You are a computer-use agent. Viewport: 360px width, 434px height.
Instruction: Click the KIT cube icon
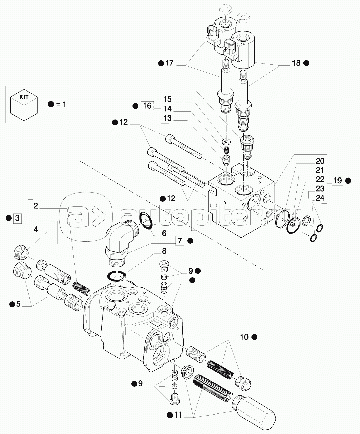click(x=24, y=105)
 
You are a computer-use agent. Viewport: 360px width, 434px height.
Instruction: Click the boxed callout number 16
click(x=147, y=106)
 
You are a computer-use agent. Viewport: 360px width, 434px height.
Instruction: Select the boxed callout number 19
click(x=337, y=181)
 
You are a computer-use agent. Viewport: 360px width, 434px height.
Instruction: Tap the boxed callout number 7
click(x=180, y=241)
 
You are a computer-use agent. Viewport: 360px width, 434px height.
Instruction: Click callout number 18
click(x=296, y=63)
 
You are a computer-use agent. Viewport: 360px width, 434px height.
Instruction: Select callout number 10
click(x=244, y=337)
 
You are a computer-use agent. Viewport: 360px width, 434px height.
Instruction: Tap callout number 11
click(x=178, y=415)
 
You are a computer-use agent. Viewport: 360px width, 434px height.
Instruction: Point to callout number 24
click(x=320, y=198)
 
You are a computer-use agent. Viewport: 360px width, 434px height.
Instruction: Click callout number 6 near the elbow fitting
click(x=164, y=233)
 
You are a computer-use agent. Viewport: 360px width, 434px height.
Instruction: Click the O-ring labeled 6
click(x=145, y=221)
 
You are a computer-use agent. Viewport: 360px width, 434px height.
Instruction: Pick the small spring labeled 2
click(x=81, y=287)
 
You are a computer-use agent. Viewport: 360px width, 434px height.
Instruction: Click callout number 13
click(x=168, y=118)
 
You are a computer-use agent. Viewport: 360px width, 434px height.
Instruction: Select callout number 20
click(x=320, y=160)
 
